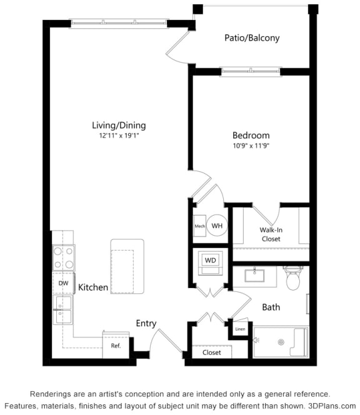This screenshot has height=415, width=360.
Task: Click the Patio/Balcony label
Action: (x=252, y=38)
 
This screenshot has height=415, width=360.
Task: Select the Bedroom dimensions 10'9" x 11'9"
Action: (x=251, y=146)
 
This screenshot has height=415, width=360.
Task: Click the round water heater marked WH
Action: (x=217, y=226)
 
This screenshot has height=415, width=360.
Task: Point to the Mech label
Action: (x=199, y=226)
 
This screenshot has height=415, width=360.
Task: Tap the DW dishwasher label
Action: (x=63, y=283)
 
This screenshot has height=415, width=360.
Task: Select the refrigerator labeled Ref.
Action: (x=116, y=345)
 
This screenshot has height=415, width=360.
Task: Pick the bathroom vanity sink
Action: (x=255, y=275)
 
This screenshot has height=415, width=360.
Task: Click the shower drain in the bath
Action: (x=281, y=342)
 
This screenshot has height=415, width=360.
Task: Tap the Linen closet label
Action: (x=240, y=329)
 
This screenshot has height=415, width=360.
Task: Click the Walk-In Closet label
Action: (x=271, y=234)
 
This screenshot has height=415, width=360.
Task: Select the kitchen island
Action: (x=127, y=267)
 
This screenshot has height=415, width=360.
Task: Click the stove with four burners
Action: (x=63, y=257)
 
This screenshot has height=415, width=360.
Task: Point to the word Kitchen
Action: (x=93, y=288)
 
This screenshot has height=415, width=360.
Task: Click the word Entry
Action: (x=146, y=323)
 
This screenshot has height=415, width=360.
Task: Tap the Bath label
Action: (x=271, y=307)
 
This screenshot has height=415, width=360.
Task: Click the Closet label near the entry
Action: (x=211, y=352)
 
